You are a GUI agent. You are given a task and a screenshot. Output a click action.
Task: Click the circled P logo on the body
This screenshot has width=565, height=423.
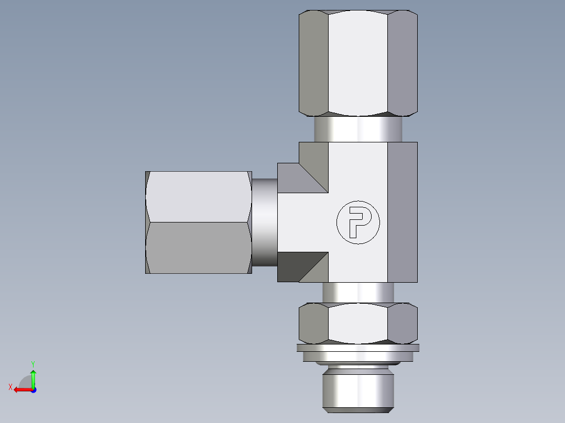click(x=357, y=222)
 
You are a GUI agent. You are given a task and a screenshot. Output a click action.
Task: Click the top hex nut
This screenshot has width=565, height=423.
click(x=358, y=63)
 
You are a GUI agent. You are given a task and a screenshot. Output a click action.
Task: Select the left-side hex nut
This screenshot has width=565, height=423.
click(x=198, y=222)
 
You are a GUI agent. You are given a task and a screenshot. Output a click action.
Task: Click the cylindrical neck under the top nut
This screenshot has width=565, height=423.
click(x=358, y=129)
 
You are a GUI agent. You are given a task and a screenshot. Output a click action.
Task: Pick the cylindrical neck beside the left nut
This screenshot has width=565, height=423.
click(x=264, y=222)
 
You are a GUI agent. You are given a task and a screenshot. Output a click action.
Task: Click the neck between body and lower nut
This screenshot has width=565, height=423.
click(x=358, y=293)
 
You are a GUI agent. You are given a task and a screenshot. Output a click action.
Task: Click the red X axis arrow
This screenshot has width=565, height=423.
click(x=22, y=389)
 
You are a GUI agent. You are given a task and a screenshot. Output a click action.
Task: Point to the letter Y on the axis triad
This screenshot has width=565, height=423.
click(x=33, y=363)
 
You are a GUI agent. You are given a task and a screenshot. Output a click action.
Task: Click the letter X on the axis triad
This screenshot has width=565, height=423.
click(x=10, y=387)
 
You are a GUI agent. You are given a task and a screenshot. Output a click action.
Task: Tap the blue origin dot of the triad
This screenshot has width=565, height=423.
click(x=33, y=390)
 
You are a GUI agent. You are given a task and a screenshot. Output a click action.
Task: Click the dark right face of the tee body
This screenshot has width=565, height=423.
click(x=403, y=211)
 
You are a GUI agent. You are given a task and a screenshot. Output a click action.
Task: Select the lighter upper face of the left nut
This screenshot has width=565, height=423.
click(x=198, y=197)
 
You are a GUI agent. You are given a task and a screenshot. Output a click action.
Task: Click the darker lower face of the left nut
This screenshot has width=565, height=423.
click(x=198, y=247)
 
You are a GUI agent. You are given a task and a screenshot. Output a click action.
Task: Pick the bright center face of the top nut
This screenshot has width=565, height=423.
click(x=358, y=63)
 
